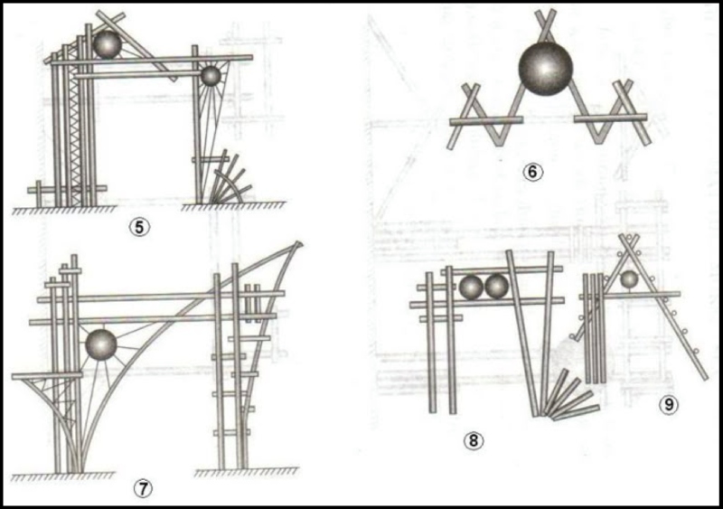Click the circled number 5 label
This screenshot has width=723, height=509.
pos(140,227)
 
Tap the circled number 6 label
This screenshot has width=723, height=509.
pos(532,172)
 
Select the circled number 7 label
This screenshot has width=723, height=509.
pos(143,489)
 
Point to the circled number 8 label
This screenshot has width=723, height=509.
pos(474,440)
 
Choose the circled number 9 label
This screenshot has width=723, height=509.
pos(669,405)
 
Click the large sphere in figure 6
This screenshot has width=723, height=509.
pos(546,69)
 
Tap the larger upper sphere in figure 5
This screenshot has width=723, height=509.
pos(107,44)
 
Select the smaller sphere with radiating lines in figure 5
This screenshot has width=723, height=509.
pos(211,76)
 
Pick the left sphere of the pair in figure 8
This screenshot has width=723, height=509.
pos(471,287)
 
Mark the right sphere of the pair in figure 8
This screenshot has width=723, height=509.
pos(496,287)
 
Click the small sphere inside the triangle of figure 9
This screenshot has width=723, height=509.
pos(628,279)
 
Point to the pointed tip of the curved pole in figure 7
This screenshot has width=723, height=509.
pos(300,243)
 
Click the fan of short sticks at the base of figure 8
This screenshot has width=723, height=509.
pos(571,396)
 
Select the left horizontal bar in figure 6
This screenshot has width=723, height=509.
pos(486,121)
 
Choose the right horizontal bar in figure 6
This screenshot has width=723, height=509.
pos(610,118)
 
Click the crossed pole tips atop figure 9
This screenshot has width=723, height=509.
pos(629,241)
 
